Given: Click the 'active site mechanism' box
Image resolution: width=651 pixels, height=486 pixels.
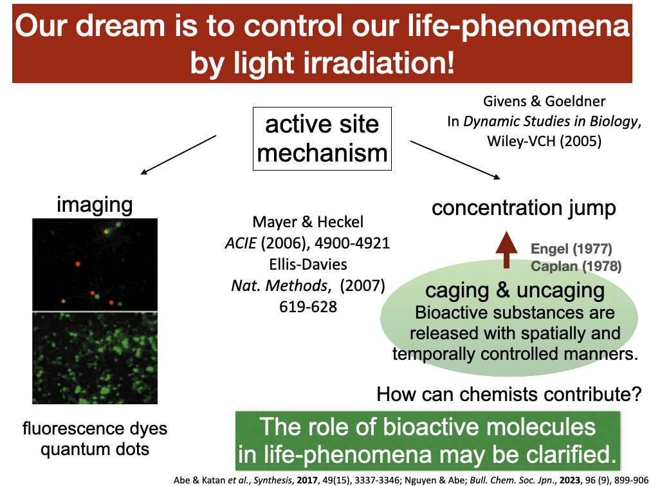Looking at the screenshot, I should pos(322,138).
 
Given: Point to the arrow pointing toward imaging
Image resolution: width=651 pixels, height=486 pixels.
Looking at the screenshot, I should pos(179,154).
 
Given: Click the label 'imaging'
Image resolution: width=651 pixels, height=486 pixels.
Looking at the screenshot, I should pos(95,205).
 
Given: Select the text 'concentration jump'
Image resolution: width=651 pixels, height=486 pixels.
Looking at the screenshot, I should pos(524,208).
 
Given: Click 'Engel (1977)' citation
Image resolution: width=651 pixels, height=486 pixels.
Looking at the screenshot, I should pos(571,248).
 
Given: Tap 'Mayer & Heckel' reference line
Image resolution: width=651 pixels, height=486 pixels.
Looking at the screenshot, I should pos(307,223).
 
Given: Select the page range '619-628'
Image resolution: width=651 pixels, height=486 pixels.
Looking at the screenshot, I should pos(307,306).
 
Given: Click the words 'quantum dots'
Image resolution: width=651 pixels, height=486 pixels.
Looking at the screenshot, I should pos(95,449).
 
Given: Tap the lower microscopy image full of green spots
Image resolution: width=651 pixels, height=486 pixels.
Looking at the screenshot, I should pos(95,358).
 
